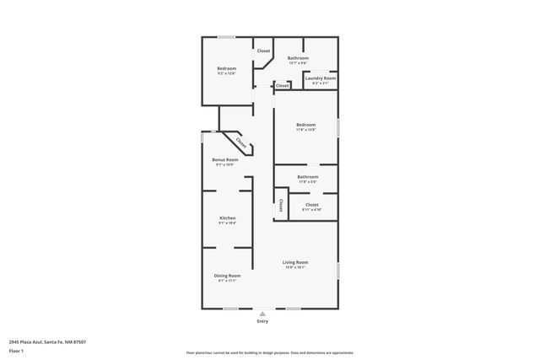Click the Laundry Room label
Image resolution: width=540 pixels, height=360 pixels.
320,78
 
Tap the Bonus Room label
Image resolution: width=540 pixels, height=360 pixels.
224,159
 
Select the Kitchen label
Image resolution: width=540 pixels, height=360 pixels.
227,218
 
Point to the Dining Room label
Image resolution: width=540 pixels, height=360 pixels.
227,276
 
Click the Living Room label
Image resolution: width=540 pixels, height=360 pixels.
295,262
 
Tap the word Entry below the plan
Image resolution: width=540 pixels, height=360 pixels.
262,321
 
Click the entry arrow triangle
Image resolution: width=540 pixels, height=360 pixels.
262,313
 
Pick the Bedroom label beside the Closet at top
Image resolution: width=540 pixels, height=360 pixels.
226,68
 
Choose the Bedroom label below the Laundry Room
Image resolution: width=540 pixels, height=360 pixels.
305,125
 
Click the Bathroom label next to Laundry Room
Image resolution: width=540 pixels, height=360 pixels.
298,58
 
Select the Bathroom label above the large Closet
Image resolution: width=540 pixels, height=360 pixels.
307,177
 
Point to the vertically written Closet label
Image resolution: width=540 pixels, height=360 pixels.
281,206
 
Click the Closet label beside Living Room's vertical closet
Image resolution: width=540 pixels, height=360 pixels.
311,204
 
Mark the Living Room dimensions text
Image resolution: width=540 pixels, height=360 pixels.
295,267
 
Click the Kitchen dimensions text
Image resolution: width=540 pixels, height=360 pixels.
227,223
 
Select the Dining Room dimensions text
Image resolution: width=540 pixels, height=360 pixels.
227,281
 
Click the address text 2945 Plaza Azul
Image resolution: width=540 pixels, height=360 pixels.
47,342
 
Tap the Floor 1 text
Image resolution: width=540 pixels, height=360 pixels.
17,350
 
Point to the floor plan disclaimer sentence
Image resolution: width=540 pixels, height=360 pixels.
270,353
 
